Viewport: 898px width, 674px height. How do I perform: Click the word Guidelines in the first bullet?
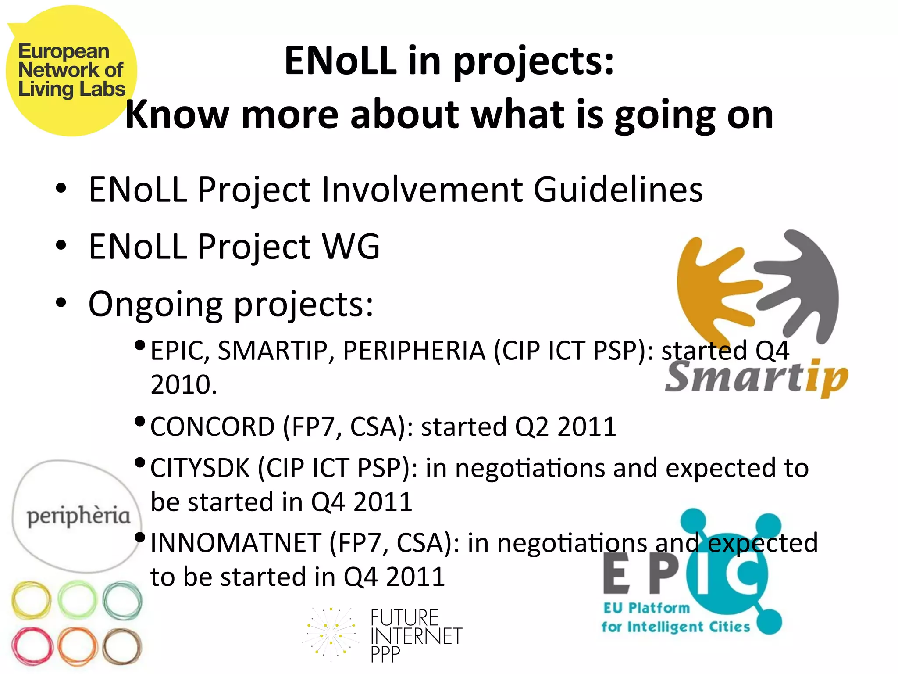(618, 190)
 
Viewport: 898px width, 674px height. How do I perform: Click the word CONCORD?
(212, 427)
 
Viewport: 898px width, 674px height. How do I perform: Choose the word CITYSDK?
(200, 468)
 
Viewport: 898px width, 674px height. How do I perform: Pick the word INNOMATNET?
(235, 543)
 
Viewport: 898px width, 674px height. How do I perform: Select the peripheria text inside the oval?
(78, 516)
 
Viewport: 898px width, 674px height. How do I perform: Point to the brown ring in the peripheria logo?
(122, 647)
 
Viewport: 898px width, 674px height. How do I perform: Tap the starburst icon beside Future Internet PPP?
(330, 635)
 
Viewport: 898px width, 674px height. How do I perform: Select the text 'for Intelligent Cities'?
(675, 627)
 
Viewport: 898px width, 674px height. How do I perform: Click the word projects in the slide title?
(533, 61)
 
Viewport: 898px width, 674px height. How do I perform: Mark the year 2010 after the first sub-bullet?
(183, 385)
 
